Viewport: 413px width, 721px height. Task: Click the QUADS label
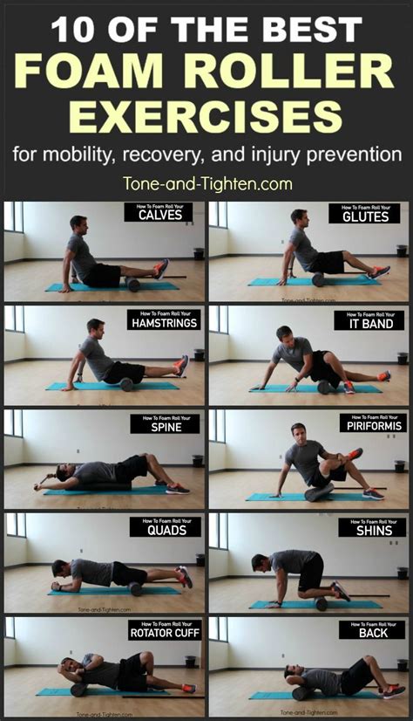(x=165, y=531)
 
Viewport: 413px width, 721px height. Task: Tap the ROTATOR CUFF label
(x=165, y=634)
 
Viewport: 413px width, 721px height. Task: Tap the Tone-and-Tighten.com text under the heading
(x=206, y=183)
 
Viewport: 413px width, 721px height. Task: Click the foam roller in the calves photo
(x=133, y=285)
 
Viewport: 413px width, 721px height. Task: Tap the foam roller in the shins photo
(x=322, y=604)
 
